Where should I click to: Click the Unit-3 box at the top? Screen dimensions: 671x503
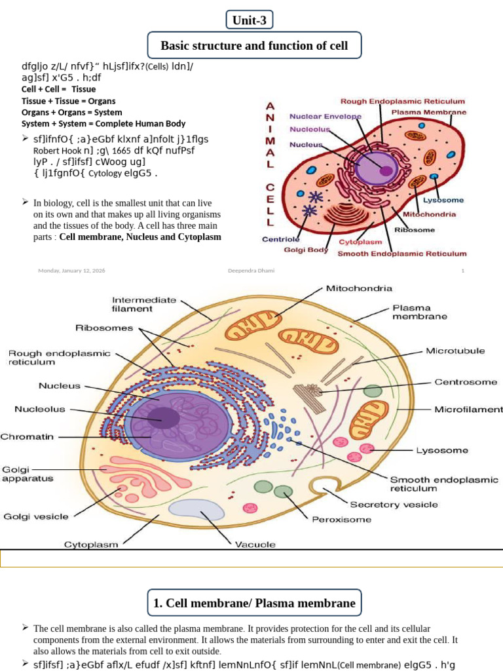point(250,20)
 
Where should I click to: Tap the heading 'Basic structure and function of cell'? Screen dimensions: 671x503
point(254,46)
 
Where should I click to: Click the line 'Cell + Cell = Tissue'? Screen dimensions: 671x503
point(58,89)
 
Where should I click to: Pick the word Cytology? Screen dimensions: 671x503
point(105,174)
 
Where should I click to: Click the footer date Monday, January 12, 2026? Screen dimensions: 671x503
point(72,271)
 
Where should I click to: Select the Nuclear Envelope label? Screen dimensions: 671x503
point(326,117)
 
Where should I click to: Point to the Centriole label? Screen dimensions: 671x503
point(281,239)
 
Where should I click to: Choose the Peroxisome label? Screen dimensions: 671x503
point(341,519)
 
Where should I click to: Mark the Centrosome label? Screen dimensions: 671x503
point(466,381)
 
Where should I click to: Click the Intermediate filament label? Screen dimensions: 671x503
point(144,304)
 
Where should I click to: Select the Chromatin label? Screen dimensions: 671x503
point(27,436)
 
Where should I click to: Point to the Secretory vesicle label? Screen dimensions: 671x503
point(394,505)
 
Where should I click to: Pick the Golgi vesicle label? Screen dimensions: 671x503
point(35,516)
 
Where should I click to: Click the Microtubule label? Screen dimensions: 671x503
point(455,351)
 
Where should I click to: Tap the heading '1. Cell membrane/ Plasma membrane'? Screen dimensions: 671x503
point(254,604)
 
